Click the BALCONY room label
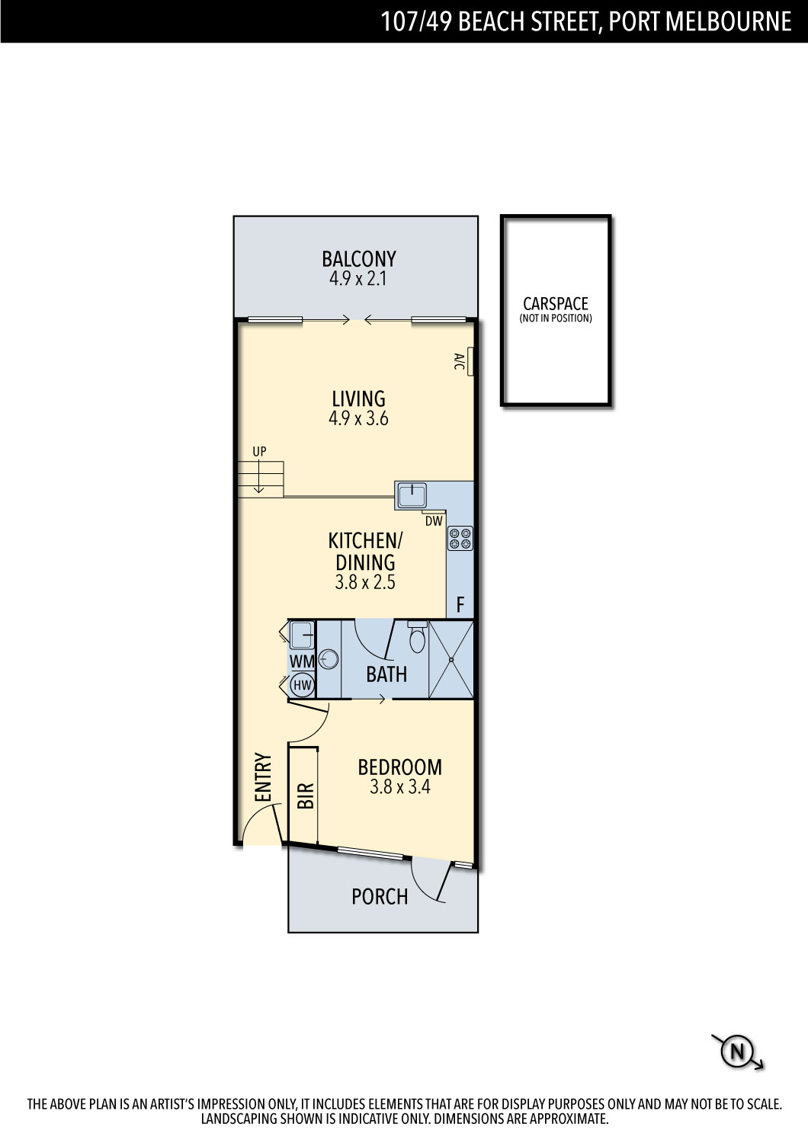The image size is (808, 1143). pos(359,259)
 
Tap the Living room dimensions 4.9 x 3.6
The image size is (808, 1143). pos(358,418)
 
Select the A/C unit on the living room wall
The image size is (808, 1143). pos(470,361)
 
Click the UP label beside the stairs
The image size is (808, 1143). pos(259,451)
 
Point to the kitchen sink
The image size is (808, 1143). pos(412,496)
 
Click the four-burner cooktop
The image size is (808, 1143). pos(460,538)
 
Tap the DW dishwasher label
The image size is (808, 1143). pos(434,521)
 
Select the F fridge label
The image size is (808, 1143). pos(460,605)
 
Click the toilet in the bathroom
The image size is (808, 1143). pos(417,637)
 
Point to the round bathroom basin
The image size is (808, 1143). pos(329,659)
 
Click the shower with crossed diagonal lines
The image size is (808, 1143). pos(451,659)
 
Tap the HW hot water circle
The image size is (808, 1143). pos(303,685)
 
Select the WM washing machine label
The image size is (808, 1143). pos(302,661)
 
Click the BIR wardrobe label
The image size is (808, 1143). pos(305,796)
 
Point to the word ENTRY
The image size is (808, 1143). pos(262,777)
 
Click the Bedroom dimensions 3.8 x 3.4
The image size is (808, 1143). pos(400,787)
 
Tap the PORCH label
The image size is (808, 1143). pos(380,897)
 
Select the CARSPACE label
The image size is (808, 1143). pos(556,304)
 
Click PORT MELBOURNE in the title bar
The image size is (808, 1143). pos(701,21)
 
